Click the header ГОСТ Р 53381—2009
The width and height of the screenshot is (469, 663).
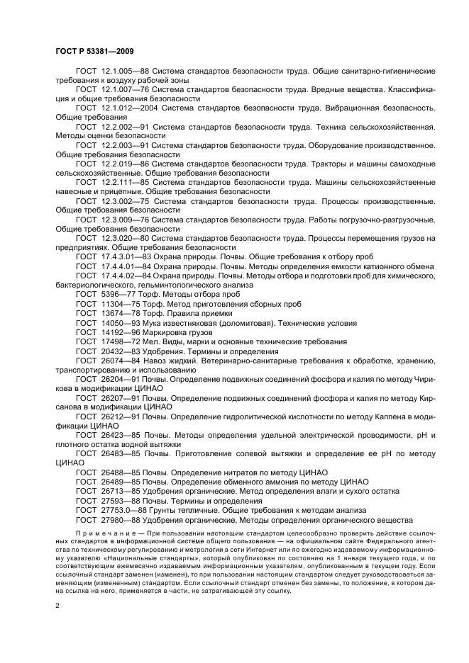tap(94, 52)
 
